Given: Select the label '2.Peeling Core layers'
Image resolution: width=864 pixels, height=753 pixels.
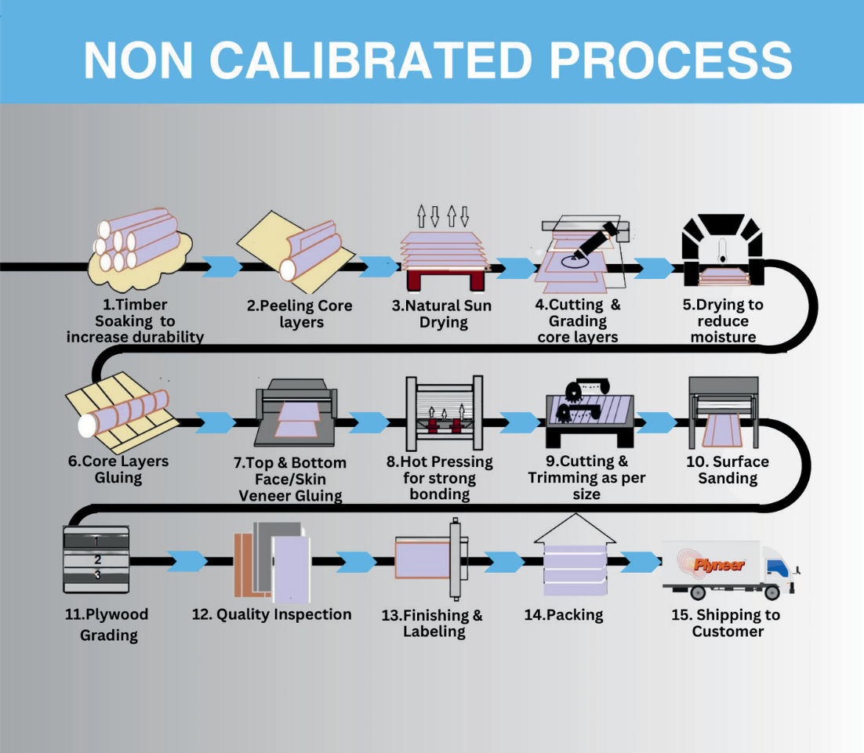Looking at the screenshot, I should pyautogui.click(x=299, y=313).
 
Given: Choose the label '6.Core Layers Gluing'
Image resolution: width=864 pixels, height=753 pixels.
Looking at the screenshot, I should pyautogui.click(x=118, y=469).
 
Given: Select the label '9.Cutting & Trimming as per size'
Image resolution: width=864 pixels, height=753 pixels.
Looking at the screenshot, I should pyautogui.click(x=586, y=477).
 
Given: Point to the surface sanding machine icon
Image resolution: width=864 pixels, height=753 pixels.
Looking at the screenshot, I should pyautogui.click(x=723, y=411).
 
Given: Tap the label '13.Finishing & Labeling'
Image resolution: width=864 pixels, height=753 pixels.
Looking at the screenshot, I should pyautogui.click(x=432, y=623).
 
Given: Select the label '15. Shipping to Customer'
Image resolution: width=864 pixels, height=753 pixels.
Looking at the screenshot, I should pyautogui.click(x=727, y=623).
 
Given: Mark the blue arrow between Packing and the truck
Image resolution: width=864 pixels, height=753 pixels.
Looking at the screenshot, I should pyautogui.click(x=641, y=562).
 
